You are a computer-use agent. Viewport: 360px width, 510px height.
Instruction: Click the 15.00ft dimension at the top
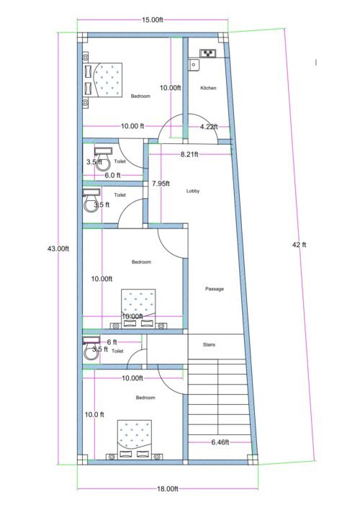tap(152, 20)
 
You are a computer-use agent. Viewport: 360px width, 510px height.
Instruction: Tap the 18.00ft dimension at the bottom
tap(166, 489)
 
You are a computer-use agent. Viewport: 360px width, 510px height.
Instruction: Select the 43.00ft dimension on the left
tap(58, 249)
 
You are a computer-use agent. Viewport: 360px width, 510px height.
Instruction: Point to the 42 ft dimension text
tap(299, 245)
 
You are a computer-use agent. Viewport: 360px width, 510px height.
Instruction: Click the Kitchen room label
tap(208, 88)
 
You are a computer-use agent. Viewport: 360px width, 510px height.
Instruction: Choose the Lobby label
tap(193, 191)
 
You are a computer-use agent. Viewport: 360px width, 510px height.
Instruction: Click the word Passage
tap(215, 289)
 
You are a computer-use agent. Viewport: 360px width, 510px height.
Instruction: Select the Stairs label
tap(208, 345)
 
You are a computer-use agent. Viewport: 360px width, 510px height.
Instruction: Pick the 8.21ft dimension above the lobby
tap(189, 155)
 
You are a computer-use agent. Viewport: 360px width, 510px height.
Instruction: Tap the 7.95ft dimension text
tap(161, 184)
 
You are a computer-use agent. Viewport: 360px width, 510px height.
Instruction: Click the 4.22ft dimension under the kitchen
tap(208, 127)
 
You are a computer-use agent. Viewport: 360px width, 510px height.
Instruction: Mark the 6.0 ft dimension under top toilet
tap(113, 175)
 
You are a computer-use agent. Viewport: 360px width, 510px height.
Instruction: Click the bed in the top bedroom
tap(104, 79)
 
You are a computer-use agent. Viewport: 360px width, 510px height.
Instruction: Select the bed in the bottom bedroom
tap(136, 439)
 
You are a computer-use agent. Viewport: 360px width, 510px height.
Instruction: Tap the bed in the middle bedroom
tap(138, 308)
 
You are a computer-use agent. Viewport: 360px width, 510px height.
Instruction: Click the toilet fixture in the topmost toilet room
tap(102, 156)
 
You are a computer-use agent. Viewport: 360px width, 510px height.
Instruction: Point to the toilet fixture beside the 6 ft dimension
tap(91, 349)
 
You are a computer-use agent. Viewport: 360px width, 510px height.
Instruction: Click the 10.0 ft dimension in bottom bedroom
tap(95, 415)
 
